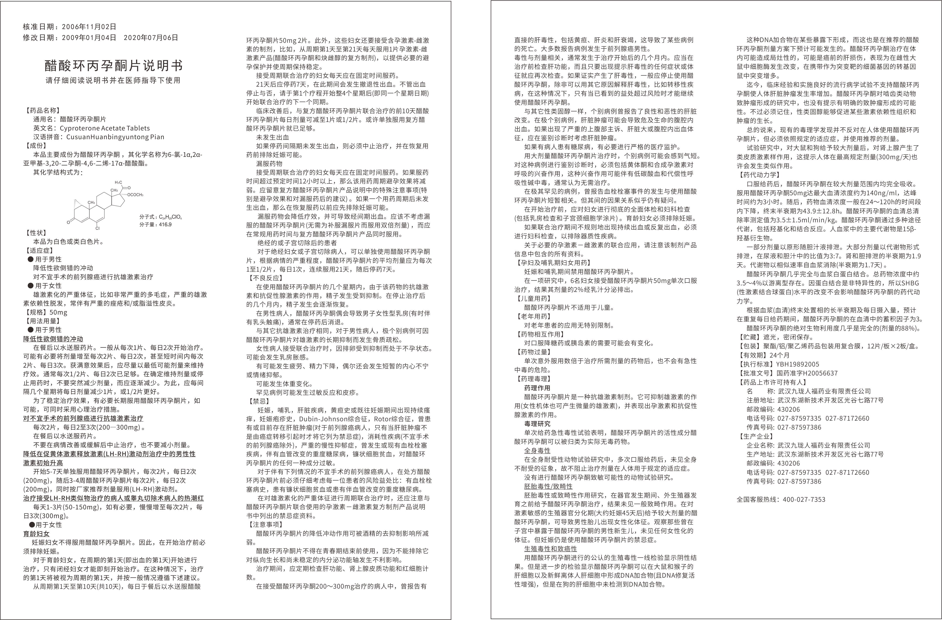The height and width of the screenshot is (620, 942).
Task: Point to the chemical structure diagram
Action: pos(105,204)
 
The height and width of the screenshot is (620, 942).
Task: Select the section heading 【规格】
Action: pos(36,312)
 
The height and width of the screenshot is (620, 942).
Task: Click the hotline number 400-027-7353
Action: pos(804,500)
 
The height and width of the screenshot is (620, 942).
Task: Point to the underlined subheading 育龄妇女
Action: pos(36,534)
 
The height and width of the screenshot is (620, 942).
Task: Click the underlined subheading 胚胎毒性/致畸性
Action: pos(548,486)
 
